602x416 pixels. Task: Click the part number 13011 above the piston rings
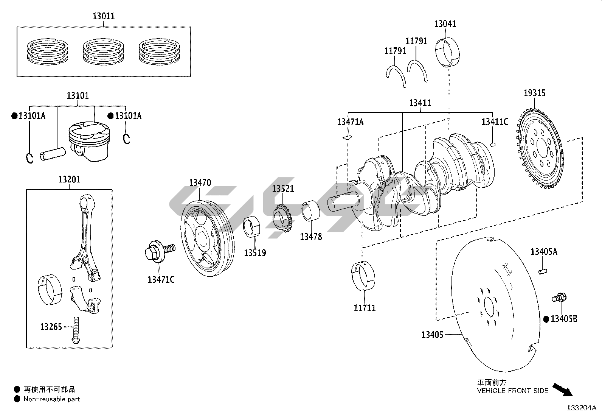[104, 16]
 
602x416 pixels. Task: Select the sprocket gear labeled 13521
[282, 219]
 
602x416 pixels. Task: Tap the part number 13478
[311, 237]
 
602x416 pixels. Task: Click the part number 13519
[254, 253]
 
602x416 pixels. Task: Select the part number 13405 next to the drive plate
[432, 335]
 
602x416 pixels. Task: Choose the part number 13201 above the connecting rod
[69, 179]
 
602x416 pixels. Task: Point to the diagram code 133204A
[581, 408]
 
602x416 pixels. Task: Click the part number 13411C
[494, 122]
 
